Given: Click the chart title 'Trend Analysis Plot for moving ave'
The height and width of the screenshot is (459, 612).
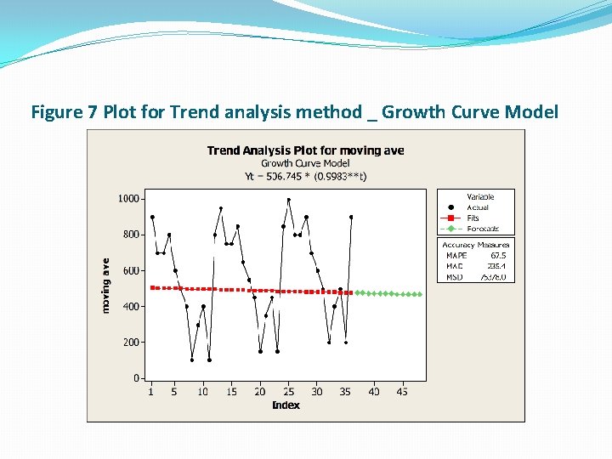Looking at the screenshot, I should [x=305, y=150].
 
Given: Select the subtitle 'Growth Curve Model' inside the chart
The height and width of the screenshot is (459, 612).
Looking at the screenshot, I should [x=305, y=163].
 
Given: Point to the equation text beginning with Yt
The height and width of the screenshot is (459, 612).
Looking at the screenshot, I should [x=305, y=176].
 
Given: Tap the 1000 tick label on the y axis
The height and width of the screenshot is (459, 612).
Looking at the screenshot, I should [x=129, y=198].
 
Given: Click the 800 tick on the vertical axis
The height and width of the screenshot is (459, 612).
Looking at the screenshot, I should [x=132, y=235].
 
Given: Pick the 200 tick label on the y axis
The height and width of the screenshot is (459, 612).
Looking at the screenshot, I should [x=132, y=342].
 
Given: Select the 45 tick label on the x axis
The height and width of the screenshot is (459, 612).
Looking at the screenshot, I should [x=403, y=392].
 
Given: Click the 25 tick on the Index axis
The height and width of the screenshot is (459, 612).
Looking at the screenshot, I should [x=288, y=392].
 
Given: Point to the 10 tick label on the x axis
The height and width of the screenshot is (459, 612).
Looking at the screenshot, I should [x=202, y=392].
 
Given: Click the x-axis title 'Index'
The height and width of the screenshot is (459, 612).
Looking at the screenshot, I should [x=286, y=405].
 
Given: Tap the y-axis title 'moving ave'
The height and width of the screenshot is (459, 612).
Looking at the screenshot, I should [x=106, y=286].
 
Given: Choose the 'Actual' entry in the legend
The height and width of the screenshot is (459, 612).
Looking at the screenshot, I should [x=478, y=207].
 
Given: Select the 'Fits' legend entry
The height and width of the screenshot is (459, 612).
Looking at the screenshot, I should [x=473, y=218].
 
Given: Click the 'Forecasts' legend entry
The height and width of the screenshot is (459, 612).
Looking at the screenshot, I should [x=483, y=229].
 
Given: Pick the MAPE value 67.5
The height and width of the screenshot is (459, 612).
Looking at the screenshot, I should [x=498, y=254].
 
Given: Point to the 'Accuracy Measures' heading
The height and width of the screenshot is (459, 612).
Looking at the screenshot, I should [x=475, y=245].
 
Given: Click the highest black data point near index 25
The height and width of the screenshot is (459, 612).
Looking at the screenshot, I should [x=289, y=200].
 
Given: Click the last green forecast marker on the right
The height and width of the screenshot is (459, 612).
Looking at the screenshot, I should [x=420, y=294].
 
